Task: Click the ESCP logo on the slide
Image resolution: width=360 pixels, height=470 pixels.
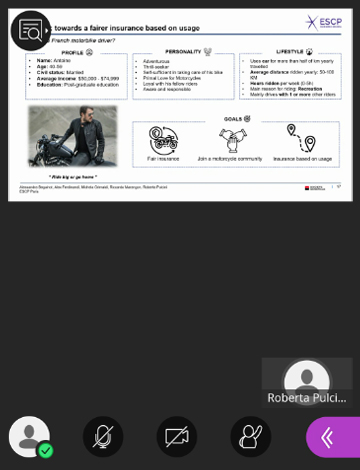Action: click(x=324, y=22)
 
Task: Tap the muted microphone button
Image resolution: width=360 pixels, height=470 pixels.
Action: click(x=103, y=437)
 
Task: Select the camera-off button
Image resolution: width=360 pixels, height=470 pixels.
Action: click(x=177, y=437)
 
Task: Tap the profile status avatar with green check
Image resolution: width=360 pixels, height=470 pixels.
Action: click(x=29, y=437)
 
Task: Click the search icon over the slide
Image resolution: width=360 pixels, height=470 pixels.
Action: click(x=31, y=31)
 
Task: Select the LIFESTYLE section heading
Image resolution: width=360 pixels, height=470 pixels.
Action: click(x=292, y=51)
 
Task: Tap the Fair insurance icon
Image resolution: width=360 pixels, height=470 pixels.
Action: click(x=163, y=138)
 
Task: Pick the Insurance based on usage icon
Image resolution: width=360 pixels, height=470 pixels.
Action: click(x=301, y=138)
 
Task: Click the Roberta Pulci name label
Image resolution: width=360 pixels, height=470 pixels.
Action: click(x=306, y=398)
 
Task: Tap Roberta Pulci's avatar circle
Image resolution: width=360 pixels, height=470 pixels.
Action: click(x=306, y=377)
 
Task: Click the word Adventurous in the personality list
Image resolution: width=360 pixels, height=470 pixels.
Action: click(x=157, y=61)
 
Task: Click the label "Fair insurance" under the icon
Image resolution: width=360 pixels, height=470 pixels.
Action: click(x=163, y=158)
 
